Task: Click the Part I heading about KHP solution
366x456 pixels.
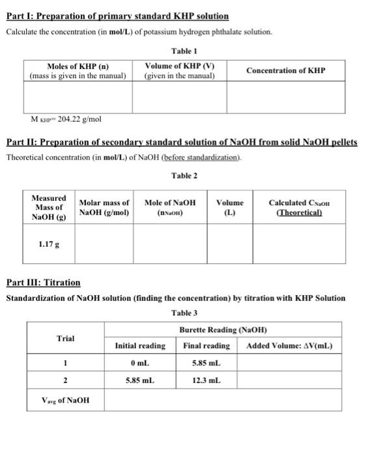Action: (x=117, y=15)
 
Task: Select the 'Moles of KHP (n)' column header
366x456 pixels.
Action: (x=77, y=70)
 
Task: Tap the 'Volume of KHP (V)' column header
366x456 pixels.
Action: (x=180, y=70)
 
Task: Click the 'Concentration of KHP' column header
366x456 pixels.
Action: (x=286, y=70)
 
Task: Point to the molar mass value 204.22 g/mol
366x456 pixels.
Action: (x=66, y=119)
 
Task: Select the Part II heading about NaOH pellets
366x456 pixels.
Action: (x=182, y=142)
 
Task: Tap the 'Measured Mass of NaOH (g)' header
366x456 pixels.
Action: (x=49, y=207)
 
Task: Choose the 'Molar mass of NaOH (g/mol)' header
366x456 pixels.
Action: (x=104, y=207)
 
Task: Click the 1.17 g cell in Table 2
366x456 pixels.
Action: (x=49, y=244)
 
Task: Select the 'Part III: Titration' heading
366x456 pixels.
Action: (x=43, y=283)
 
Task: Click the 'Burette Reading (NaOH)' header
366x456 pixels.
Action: (x=223, y=330)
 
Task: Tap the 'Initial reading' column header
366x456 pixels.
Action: (x=140, y=345)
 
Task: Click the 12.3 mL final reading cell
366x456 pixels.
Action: (x=207, y=379)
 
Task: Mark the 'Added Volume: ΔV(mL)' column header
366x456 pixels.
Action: (x=290, y=345)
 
